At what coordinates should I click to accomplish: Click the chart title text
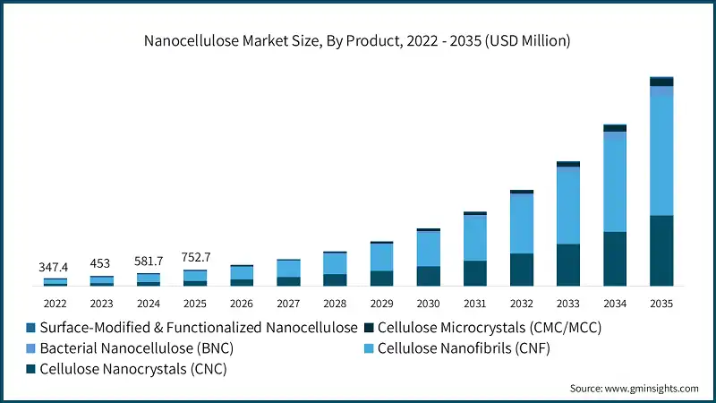click(358, 40)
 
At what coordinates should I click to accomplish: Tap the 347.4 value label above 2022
click(55, 267)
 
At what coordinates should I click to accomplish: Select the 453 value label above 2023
click(101, 263)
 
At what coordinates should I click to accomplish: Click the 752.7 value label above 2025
click(195, 255)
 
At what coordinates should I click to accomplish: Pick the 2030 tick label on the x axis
click(428, 304)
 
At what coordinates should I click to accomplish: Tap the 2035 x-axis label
click(661, 304)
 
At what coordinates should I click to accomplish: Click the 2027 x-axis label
click(288, 304)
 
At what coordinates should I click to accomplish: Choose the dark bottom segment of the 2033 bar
click(568, 265)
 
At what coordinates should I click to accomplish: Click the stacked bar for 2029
click(381, 264)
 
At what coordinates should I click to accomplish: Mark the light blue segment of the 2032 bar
click(522, 223)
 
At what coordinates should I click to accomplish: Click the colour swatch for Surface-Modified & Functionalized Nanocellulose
click(31, 328)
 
